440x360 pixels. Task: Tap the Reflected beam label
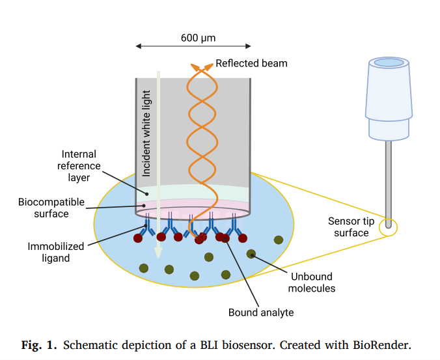pyautogui.click(x=251, y=63)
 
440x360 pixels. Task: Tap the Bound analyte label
pyautogui.click(x=260, y=312)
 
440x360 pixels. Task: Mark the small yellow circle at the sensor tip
pyautogui.click(x=388, y=225)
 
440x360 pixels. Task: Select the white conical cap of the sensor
pyautogui.click(x=388, y=98)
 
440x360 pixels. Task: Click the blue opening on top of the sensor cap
pyautogui.click(x=388, y=63)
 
